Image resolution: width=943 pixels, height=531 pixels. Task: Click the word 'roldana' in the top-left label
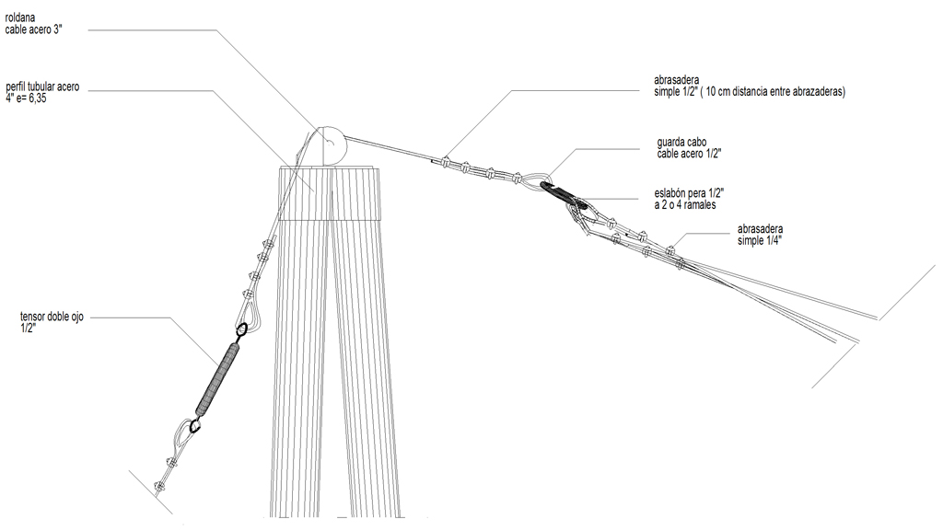pos(20,18)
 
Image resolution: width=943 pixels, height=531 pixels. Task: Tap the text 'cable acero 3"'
pos(34,29)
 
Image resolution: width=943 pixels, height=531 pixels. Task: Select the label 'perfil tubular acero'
pos(42,87)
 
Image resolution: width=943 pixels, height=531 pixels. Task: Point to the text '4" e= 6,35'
pos(26,98)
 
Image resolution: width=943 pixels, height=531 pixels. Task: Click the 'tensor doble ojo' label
pos(52,317)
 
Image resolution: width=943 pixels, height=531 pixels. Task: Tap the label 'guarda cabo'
pos(681,143)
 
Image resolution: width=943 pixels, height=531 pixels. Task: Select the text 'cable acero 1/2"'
pos(689,154)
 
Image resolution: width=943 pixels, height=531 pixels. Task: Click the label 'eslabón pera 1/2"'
pos(689,193)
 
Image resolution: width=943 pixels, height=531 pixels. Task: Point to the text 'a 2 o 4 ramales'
pos(685,205)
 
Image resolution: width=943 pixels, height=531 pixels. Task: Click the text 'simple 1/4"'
pos(760,241)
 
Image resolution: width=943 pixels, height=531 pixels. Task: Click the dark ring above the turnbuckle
pos(241,329)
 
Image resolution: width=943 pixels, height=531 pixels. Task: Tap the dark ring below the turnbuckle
pos(194,426)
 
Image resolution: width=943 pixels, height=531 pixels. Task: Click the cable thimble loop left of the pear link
pos(533,179)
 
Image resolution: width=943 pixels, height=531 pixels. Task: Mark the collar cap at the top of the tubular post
pos(331,193)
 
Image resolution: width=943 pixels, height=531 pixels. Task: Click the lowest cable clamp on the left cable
pos(160,486)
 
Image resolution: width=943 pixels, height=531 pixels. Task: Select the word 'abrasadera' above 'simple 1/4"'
pos(760,229)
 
